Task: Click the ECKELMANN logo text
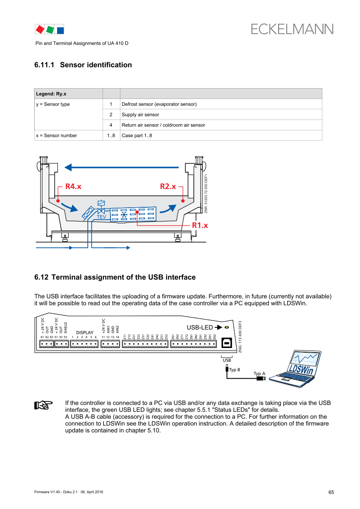tap(292, 29)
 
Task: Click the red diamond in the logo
tap(40, 29)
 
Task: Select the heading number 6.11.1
tap(46, 65)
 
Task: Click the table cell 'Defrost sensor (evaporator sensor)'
tap(159, 104)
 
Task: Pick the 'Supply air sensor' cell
tap(140, 115)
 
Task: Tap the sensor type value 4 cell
tap(111, 125)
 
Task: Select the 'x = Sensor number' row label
tap(56, 135)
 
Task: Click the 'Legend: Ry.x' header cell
tap(51, 94)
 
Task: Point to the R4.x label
tap(73, 187)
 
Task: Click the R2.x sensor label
tap(168, 187)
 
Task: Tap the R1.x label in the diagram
tap(200, 225)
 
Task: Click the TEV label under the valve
tap(101, 217)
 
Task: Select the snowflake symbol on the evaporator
tap(124, 214)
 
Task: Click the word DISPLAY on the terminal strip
tap(85, 332)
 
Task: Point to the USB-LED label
tap(199, 327)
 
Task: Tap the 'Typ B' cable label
tap(235, 370)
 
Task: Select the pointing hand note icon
tap(43, 405)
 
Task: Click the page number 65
tap(331, 492)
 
